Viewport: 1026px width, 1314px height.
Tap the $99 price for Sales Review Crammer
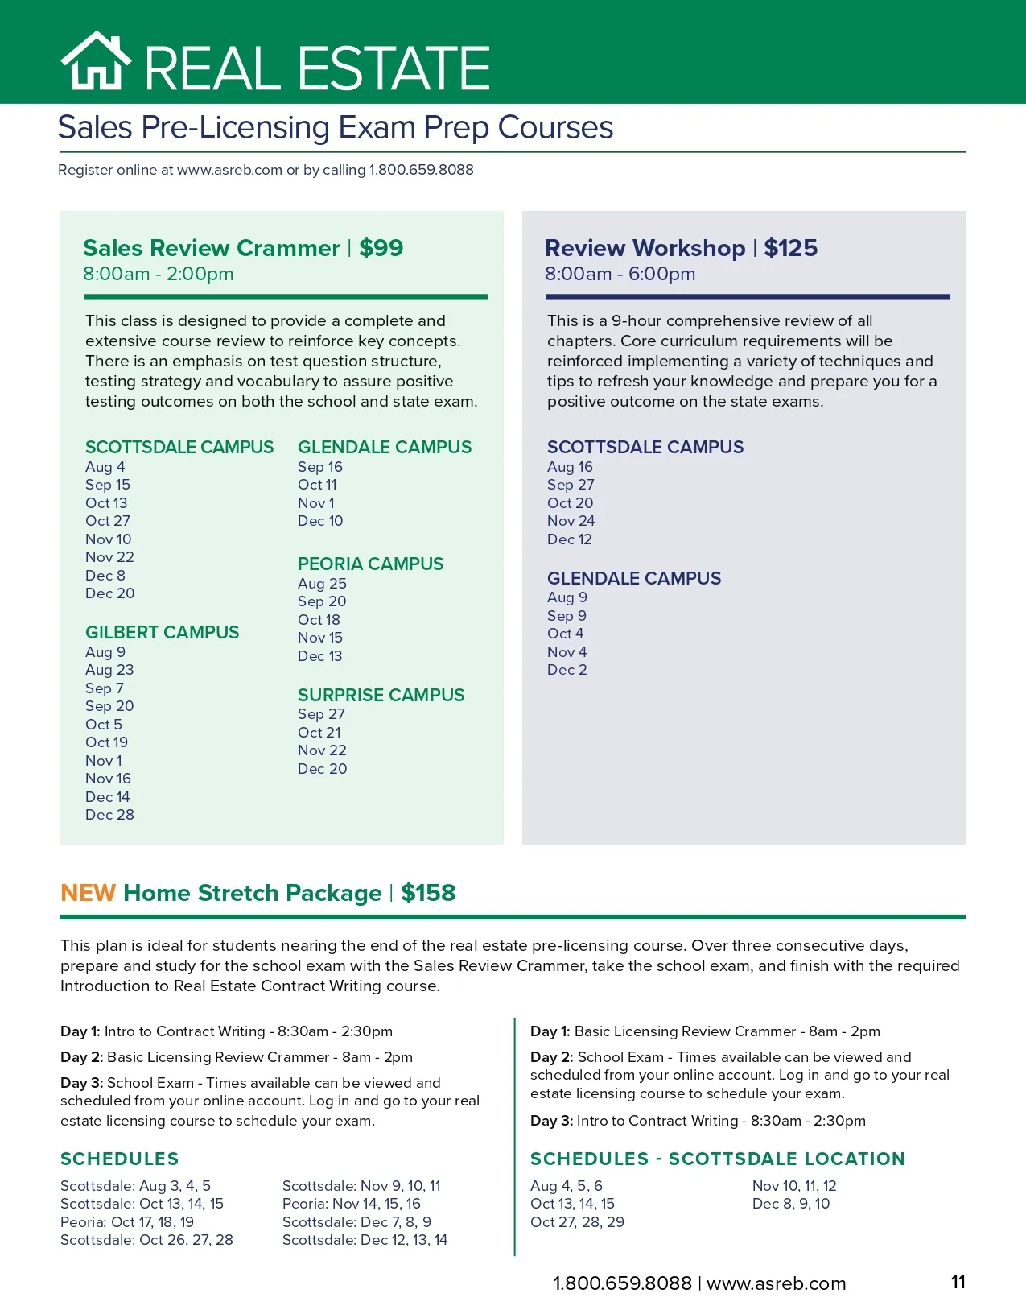[381, 248]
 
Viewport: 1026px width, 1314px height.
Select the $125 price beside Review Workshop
[790, 248]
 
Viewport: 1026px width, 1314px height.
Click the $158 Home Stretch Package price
[428, 893]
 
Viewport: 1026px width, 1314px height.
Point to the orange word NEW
[89, 893]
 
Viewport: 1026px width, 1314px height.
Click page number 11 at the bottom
[958, 1282]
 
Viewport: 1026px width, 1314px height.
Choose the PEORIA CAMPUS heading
[370, 564]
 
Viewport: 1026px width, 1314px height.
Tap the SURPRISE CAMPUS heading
[381, 695]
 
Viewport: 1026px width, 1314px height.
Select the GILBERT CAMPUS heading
[162, 632]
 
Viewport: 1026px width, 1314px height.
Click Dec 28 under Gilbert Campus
[109, 815]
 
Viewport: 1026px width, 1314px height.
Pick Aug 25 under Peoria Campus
[322, 584]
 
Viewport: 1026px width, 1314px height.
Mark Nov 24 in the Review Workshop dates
[571, 521]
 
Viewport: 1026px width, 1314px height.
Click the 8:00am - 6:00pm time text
[620, 274]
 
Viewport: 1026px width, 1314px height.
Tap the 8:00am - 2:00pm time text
[158, 274]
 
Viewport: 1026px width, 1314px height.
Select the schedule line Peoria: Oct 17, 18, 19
[127, 1222]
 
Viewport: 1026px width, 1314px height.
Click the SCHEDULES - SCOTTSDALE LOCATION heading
[717, 1159]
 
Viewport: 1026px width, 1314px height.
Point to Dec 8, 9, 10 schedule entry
[790, 1204]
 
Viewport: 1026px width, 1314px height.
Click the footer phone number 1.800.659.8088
[622, 1283]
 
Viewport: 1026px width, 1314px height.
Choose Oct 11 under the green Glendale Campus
[317, 485]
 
